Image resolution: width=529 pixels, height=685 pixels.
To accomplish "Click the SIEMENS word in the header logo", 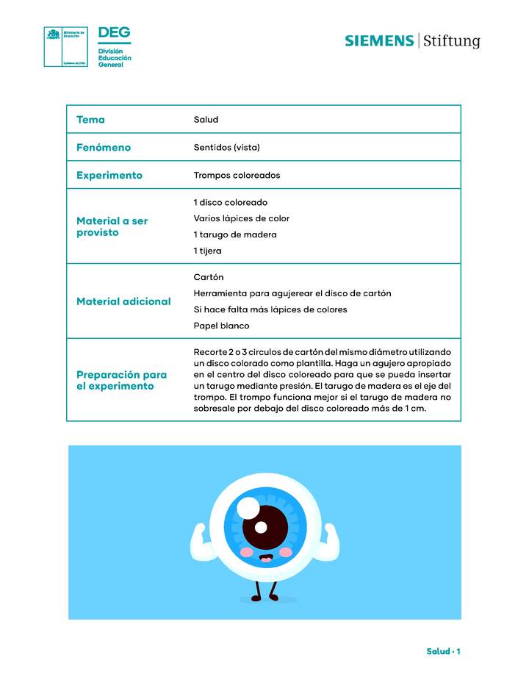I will pyautogui.click(x=379, y=41).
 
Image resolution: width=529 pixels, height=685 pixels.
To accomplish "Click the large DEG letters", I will pyautogui.click(x=114, y=33).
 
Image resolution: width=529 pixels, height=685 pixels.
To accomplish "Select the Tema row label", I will pyautogui.click(x=90, y=120).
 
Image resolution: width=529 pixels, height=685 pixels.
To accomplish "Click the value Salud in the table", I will pyautogui.click(x=206, y=120).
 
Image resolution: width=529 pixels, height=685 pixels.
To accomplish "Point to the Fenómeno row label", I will pyautogui.click(x=104, y=148).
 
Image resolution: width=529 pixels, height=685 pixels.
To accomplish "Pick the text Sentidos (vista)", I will pyautogui.click(x=226, y=148).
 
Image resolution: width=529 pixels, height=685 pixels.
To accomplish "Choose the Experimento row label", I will pyautogui.click(x=109, y=176).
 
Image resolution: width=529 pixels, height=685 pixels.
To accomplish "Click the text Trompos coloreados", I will pyautogui.click(x=237, y=176).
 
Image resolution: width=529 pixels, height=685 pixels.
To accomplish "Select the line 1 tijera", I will pyautogui.click(x=207, y=251).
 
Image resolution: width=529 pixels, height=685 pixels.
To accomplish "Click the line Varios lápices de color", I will pyautogui.click(x=241, y=219).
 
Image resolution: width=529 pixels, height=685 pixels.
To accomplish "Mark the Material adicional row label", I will pyautogui.click(x=123, y=301).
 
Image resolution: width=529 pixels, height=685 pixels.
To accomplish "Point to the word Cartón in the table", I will pyautogui.click(x=209, y=278).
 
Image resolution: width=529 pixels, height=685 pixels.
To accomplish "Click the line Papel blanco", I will pyautogui.click(x=221, y=326).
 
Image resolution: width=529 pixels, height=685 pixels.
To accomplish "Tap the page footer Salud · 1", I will pyautogui.click(x=443, y=652).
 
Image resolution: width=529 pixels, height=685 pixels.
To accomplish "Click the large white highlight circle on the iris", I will pyautogui.click(x=248, y=507).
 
